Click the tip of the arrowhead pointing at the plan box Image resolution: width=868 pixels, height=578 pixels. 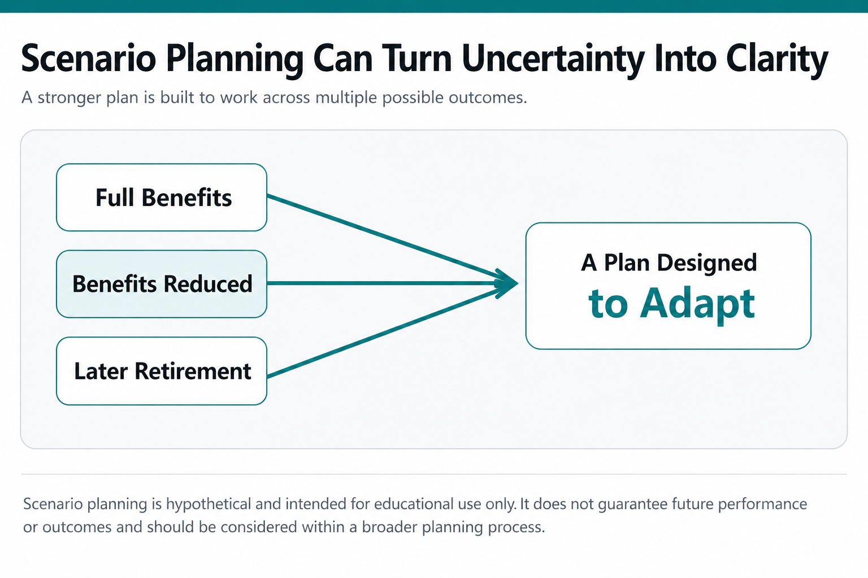tap(518, 283)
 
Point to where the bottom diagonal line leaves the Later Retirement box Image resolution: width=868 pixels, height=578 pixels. tap(267, 376)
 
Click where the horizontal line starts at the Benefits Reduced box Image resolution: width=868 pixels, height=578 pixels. tap(267, 283)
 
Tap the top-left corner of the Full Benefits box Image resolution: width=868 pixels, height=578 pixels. tap(57, 164)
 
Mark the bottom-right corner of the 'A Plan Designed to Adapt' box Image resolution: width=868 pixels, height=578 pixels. tap(811, 349)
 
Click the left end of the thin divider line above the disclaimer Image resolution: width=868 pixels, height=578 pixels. tap(21, 474)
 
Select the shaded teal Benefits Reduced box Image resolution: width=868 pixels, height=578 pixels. tap(162, 284)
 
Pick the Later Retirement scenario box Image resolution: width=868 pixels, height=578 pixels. tap(162, 371)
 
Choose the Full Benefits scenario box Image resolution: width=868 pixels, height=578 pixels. tap(162, 198)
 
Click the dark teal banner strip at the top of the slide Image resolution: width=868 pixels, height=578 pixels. tap(434, 6)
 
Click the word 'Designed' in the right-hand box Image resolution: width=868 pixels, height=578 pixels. tap(707, 263)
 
